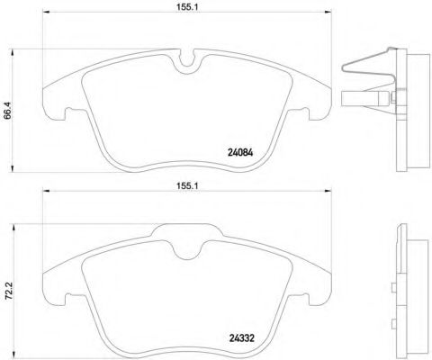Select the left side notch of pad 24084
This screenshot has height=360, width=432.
click(x=66, y=114)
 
